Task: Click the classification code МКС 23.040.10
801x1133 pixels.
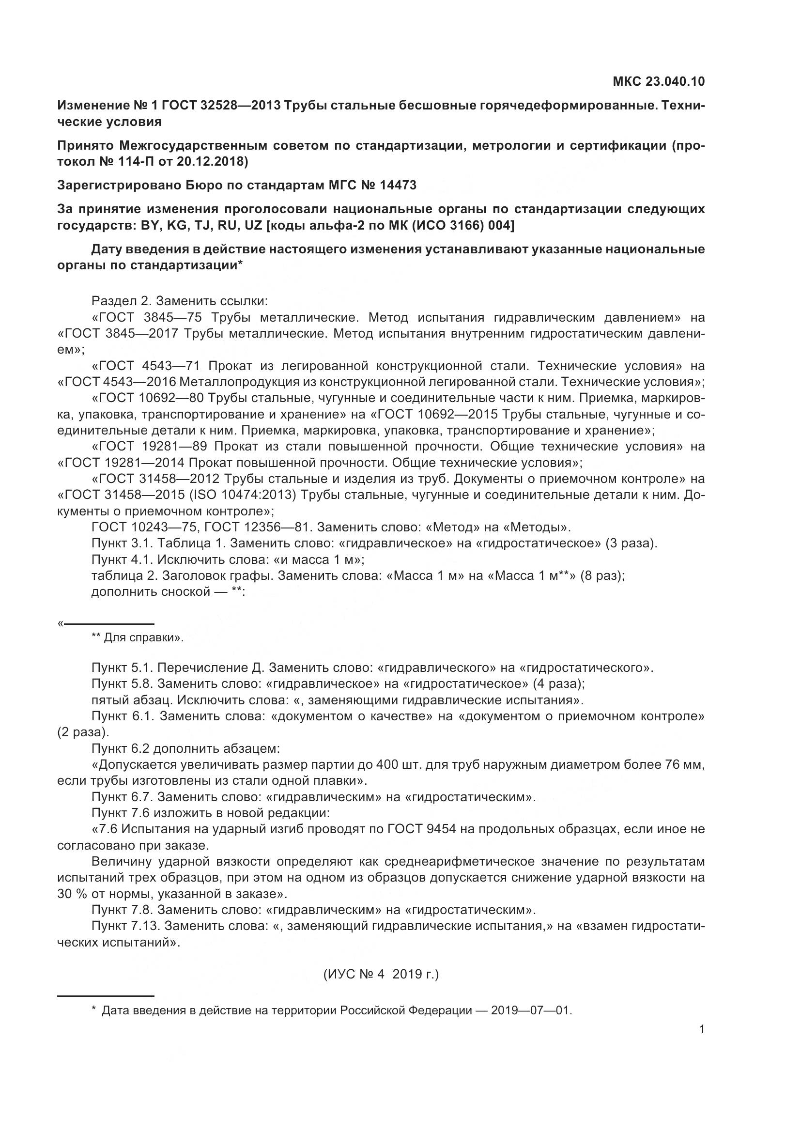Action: [x=659, y=81]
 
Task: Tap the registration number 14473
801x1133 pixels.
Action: [x=398, y=185]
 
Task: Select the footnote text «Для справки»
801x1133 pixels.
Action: [x=143, y=637]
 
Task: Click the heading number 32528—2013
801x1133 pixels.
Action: [x=241, y=105]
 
